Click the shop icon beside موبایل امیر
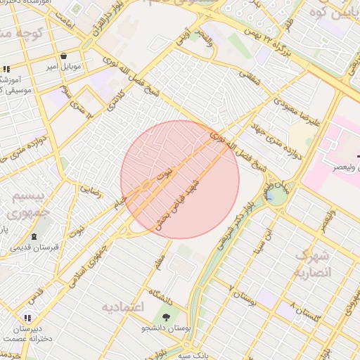point(64,56)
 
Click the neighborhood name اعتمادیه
point(123,307)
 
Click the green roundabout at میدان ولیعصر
point(276,195)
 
